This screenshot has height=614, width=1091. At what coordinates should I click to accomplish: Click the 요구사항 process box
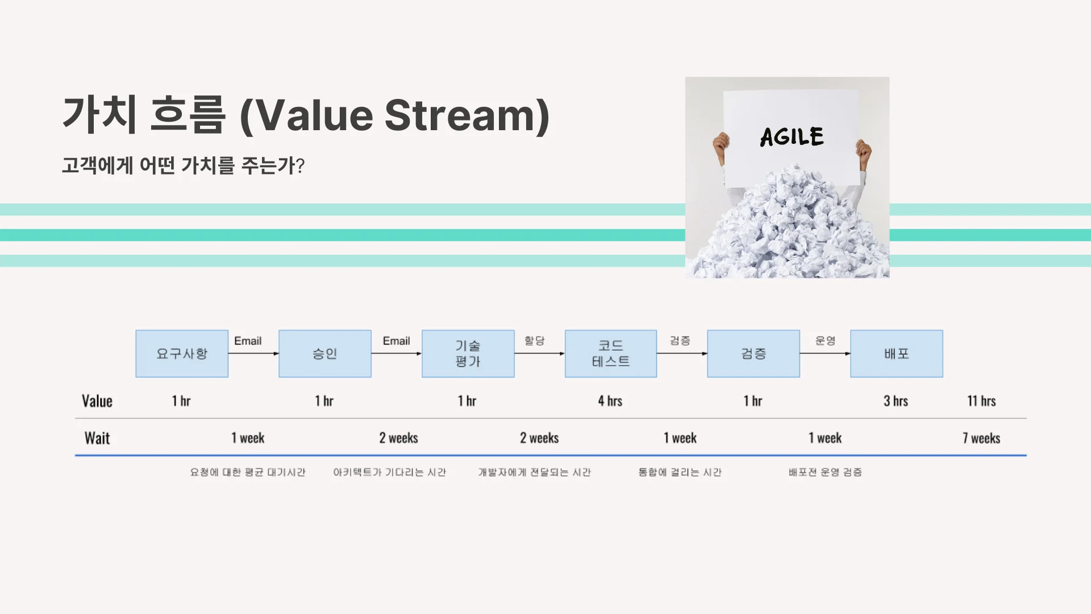pos(182,354)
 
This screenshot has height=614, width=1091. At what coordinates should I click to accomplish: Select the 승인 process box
pos(325,354)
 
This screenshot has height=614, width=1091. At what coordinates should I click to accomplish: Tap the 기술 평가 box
pos(468,354)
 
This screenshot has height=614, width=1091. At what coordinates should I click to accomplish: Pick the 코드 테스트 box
pos(611,354)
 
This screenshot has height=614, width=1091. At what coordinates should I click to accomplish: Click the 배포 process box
pos(897,354)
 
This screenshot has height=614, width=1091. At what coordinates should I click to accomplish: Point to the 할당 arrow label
pos(534,341)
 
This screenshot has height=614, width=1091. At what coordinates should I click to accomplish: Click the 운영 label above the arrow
pos(825,341)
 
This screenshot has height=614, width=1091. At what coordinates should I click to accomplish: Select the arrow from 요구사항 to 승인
pos(253,354)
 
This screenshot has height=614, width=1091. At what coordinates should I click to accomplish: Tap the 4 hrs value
pos(610,401)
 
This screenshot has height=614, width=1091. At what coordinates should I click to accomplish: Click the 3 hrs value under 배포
pos(896,401)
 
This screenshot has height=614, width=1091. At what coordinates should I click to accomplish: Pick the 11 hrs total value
pos(981,401)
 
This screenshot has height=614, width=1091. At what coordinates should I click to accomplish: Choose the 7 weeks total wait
pos(981,438)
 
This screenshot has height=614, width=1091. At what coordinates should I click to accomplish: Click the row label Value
pos(97,401)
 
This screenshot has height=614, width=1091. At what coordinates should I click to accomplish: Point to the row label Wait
pos(97,438)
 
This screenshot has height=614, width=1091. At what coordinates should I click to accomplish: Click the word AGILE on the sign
pos(792,137)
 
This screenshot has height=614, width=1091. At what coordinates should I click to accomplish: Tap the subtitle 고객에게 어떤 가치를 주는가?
pos(183,165)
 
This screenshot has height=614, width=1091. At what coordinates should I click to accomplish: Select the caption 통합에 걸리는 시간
pos(680,472)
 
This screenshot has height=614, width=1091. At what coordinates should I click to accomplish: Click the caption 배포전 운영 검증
pos(825,472)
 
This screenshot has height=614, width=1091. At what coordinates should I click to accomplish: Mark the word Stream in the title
pos(460,115)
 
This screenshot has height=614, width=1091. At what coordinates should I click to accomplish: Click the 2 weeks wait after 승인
pos(398,438)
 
